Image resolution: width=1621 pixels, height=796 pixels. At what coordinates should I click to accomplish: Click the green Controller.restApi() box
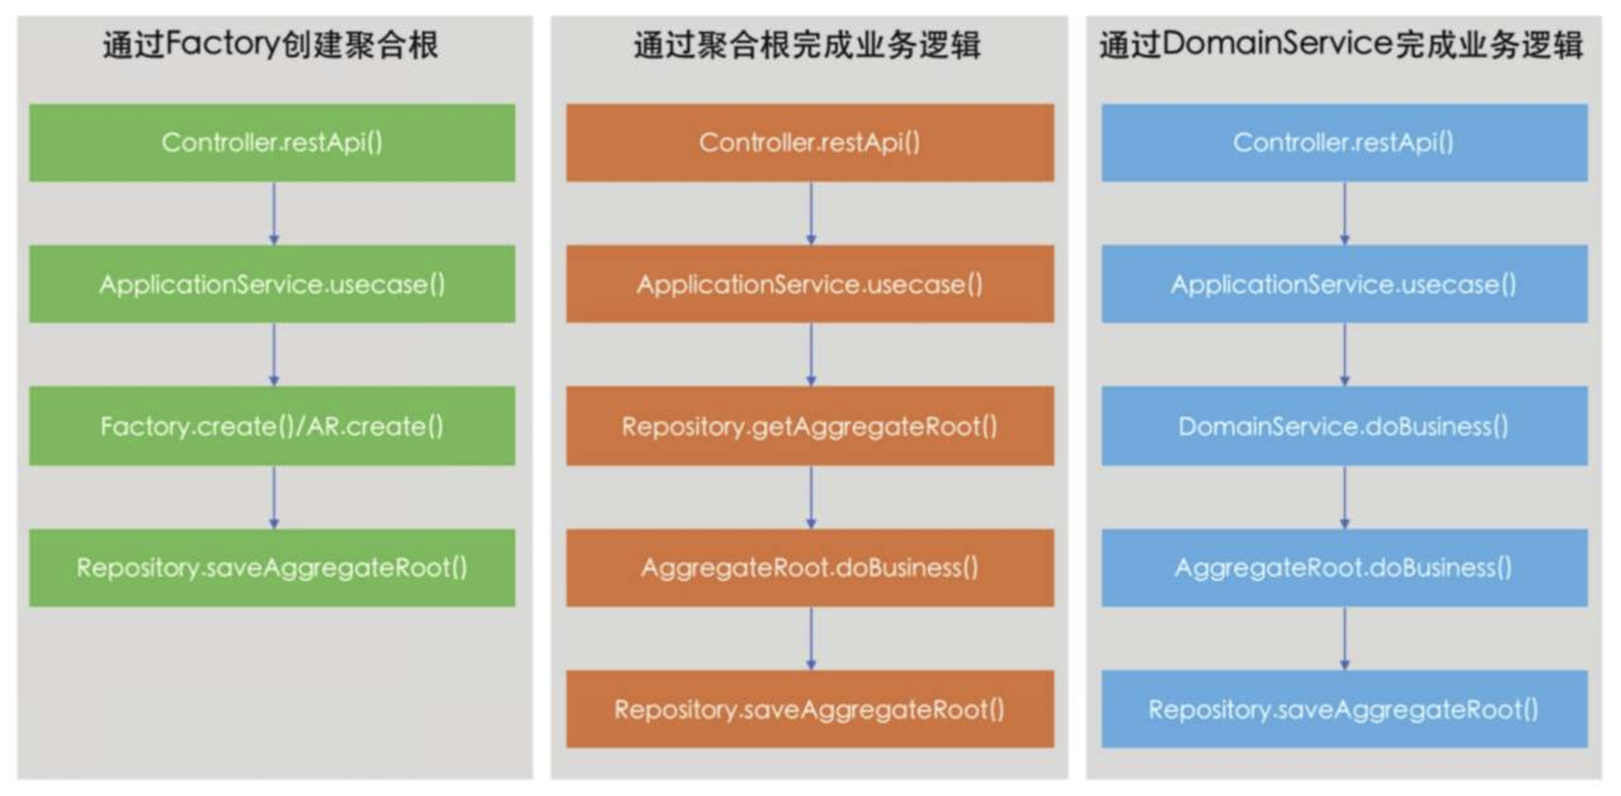tap(272, 143)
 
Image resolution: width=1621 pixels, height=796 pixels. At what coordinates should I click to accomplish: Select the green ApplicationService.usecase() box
tap(272, 284)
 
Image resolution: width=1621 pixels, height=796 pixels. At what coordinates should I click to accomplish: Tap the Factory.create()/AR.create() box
tap(272, 426)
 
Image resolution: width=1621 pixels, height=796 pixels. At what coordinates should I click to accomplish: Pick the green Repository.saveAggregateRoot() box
tap(272, 567)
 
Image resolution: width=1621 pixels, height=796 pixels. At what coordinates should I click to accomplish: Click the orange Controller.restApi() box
tap(810, 143)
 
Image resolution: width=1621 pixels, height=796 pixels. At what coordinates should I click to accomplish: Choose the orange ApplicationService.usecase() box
tap(810, 284)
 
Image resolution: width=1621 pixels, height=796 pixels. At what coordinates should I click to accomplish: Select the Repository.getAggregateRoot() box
tap(810, 426)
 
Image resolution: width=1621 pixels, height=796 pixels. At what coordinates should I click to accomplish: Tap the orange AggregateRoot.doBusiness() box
tap(810, 567)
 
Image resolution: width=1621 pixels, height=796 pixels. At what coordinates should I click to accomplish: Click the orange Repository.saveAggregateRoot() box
tap(810, 709)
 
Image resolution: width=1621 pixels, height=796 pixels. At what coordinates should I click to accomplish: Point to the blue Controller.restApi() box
tap(1344, 143)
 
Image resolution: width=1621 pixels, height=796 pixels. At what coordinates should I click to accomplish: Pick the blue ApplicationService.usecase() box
tap(1344, 284)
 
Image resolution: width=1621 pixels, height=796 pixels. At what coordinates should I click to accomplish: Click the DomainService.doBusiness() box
tap(1344, 426)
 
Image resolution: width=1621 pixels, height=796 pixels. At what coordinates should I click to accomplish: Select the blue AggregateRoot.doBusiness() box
tap(1344, 567)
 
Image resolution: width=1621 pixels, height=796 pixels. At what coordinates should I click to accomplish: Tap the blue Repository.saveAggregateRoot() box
tap(1344, 709)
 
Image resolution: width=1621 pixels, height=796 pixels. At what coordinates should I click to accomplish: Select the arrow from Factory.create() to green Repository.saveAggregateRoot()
tap(274, 497)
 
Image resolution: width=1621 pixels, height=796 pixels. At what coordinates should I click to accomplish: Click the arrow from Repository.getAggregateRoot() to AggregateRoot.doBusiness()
tap(811, 497)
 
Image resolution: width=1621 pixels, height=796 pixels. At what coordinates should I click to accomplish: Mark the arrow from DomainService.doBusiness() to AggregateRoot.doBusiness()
tap(1345, 497)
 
